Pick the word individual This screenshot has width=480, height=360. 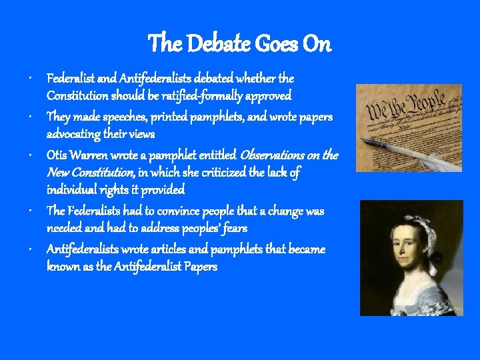[x=72, y=190]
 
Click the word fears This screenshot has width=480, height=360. [x=235, y=228]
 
